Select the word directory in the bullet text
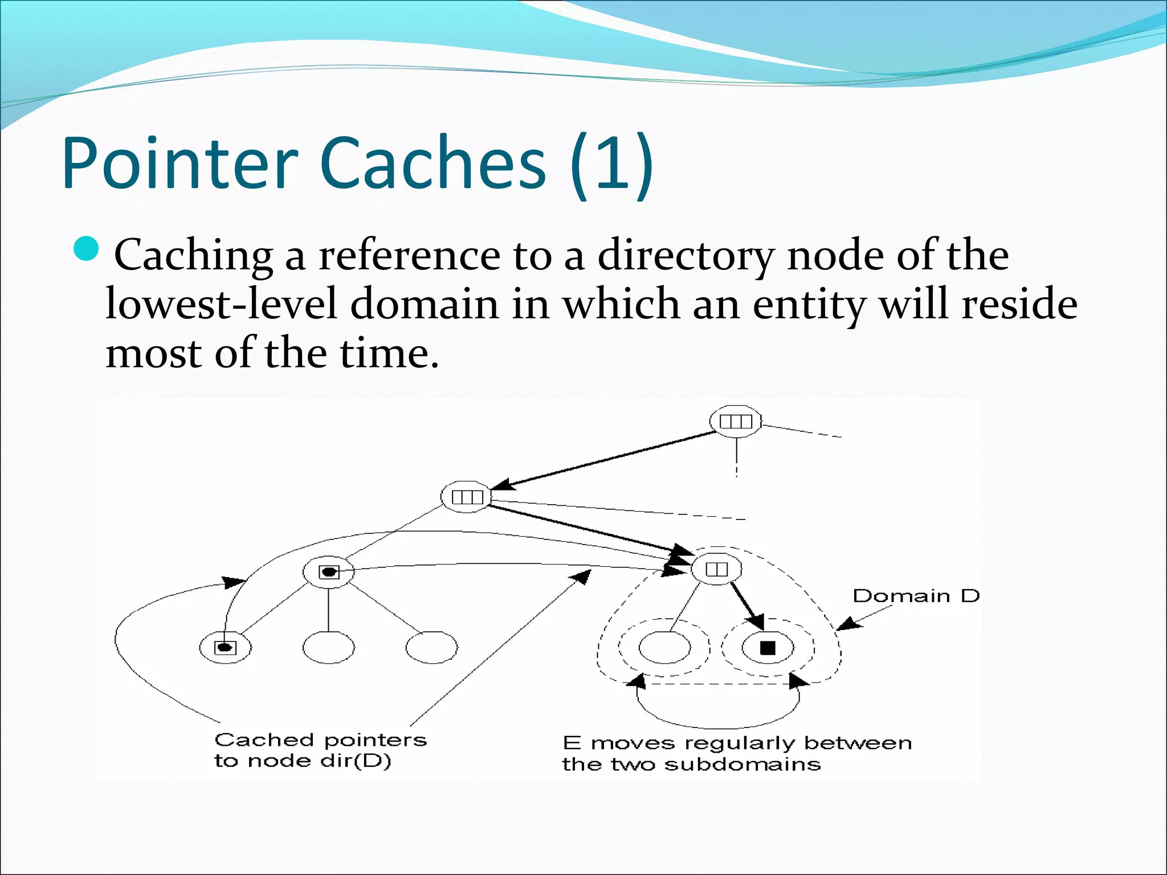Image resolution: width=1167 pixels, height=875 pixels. coord(685,256)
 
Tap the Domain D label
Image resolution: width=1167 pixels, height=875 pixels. coord(916,596)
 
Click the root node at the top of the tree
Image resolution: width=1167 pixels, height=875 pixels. coord(736,422)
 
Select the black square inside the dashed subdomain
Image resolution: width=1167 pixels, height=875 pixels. coord(768,648)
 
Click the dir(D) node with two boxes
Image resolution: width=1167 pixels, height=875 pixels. coord(716,569)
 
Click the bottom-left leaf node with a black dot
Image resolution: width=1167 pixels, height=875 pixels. coord(225,647)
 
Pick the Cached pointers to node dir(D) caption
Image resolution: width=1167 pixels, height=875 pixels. coord(320,750)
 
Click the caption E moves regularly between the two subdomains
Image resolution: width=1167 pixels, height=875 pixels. coord(736,753)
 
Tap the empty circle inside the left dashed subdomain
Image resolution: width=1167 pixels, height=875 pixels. coord(664,648)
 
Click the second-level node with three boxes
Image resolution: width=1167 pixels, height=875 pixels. coord(467,497)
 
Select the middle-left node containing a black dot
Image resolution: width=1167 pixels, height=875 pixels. coord(328,572)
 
